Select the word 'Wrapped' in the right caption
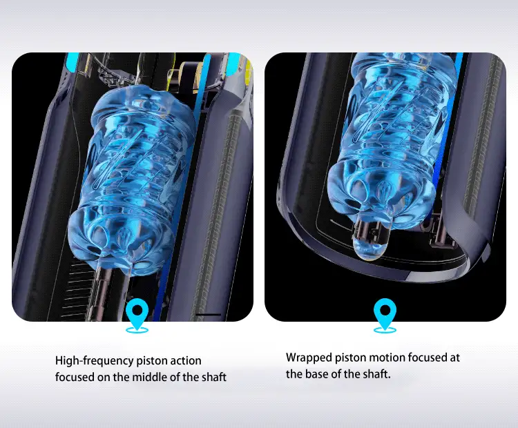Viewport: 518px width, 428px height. tap(309, 358)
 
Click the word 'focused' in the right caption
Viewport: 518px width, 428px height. tap(427, 358)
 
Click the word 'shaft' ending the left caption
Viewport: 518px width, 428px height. tap(213, 377)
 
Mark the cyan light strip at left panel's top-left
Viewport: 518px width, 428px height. tap(72, 62)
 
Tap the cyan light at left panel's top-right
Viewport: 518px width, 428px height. tap(236, 64)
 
